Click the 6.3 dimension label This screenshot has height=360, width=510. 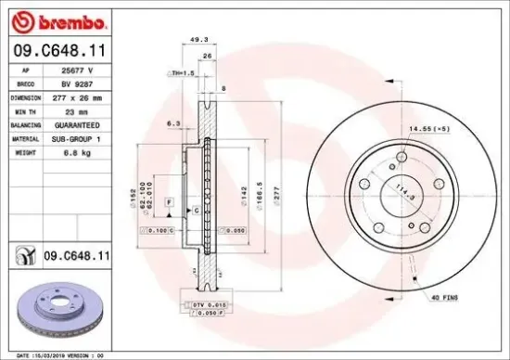tap(172, 123)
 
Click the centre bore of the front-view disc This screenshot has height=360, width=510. tap(401, 196)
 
